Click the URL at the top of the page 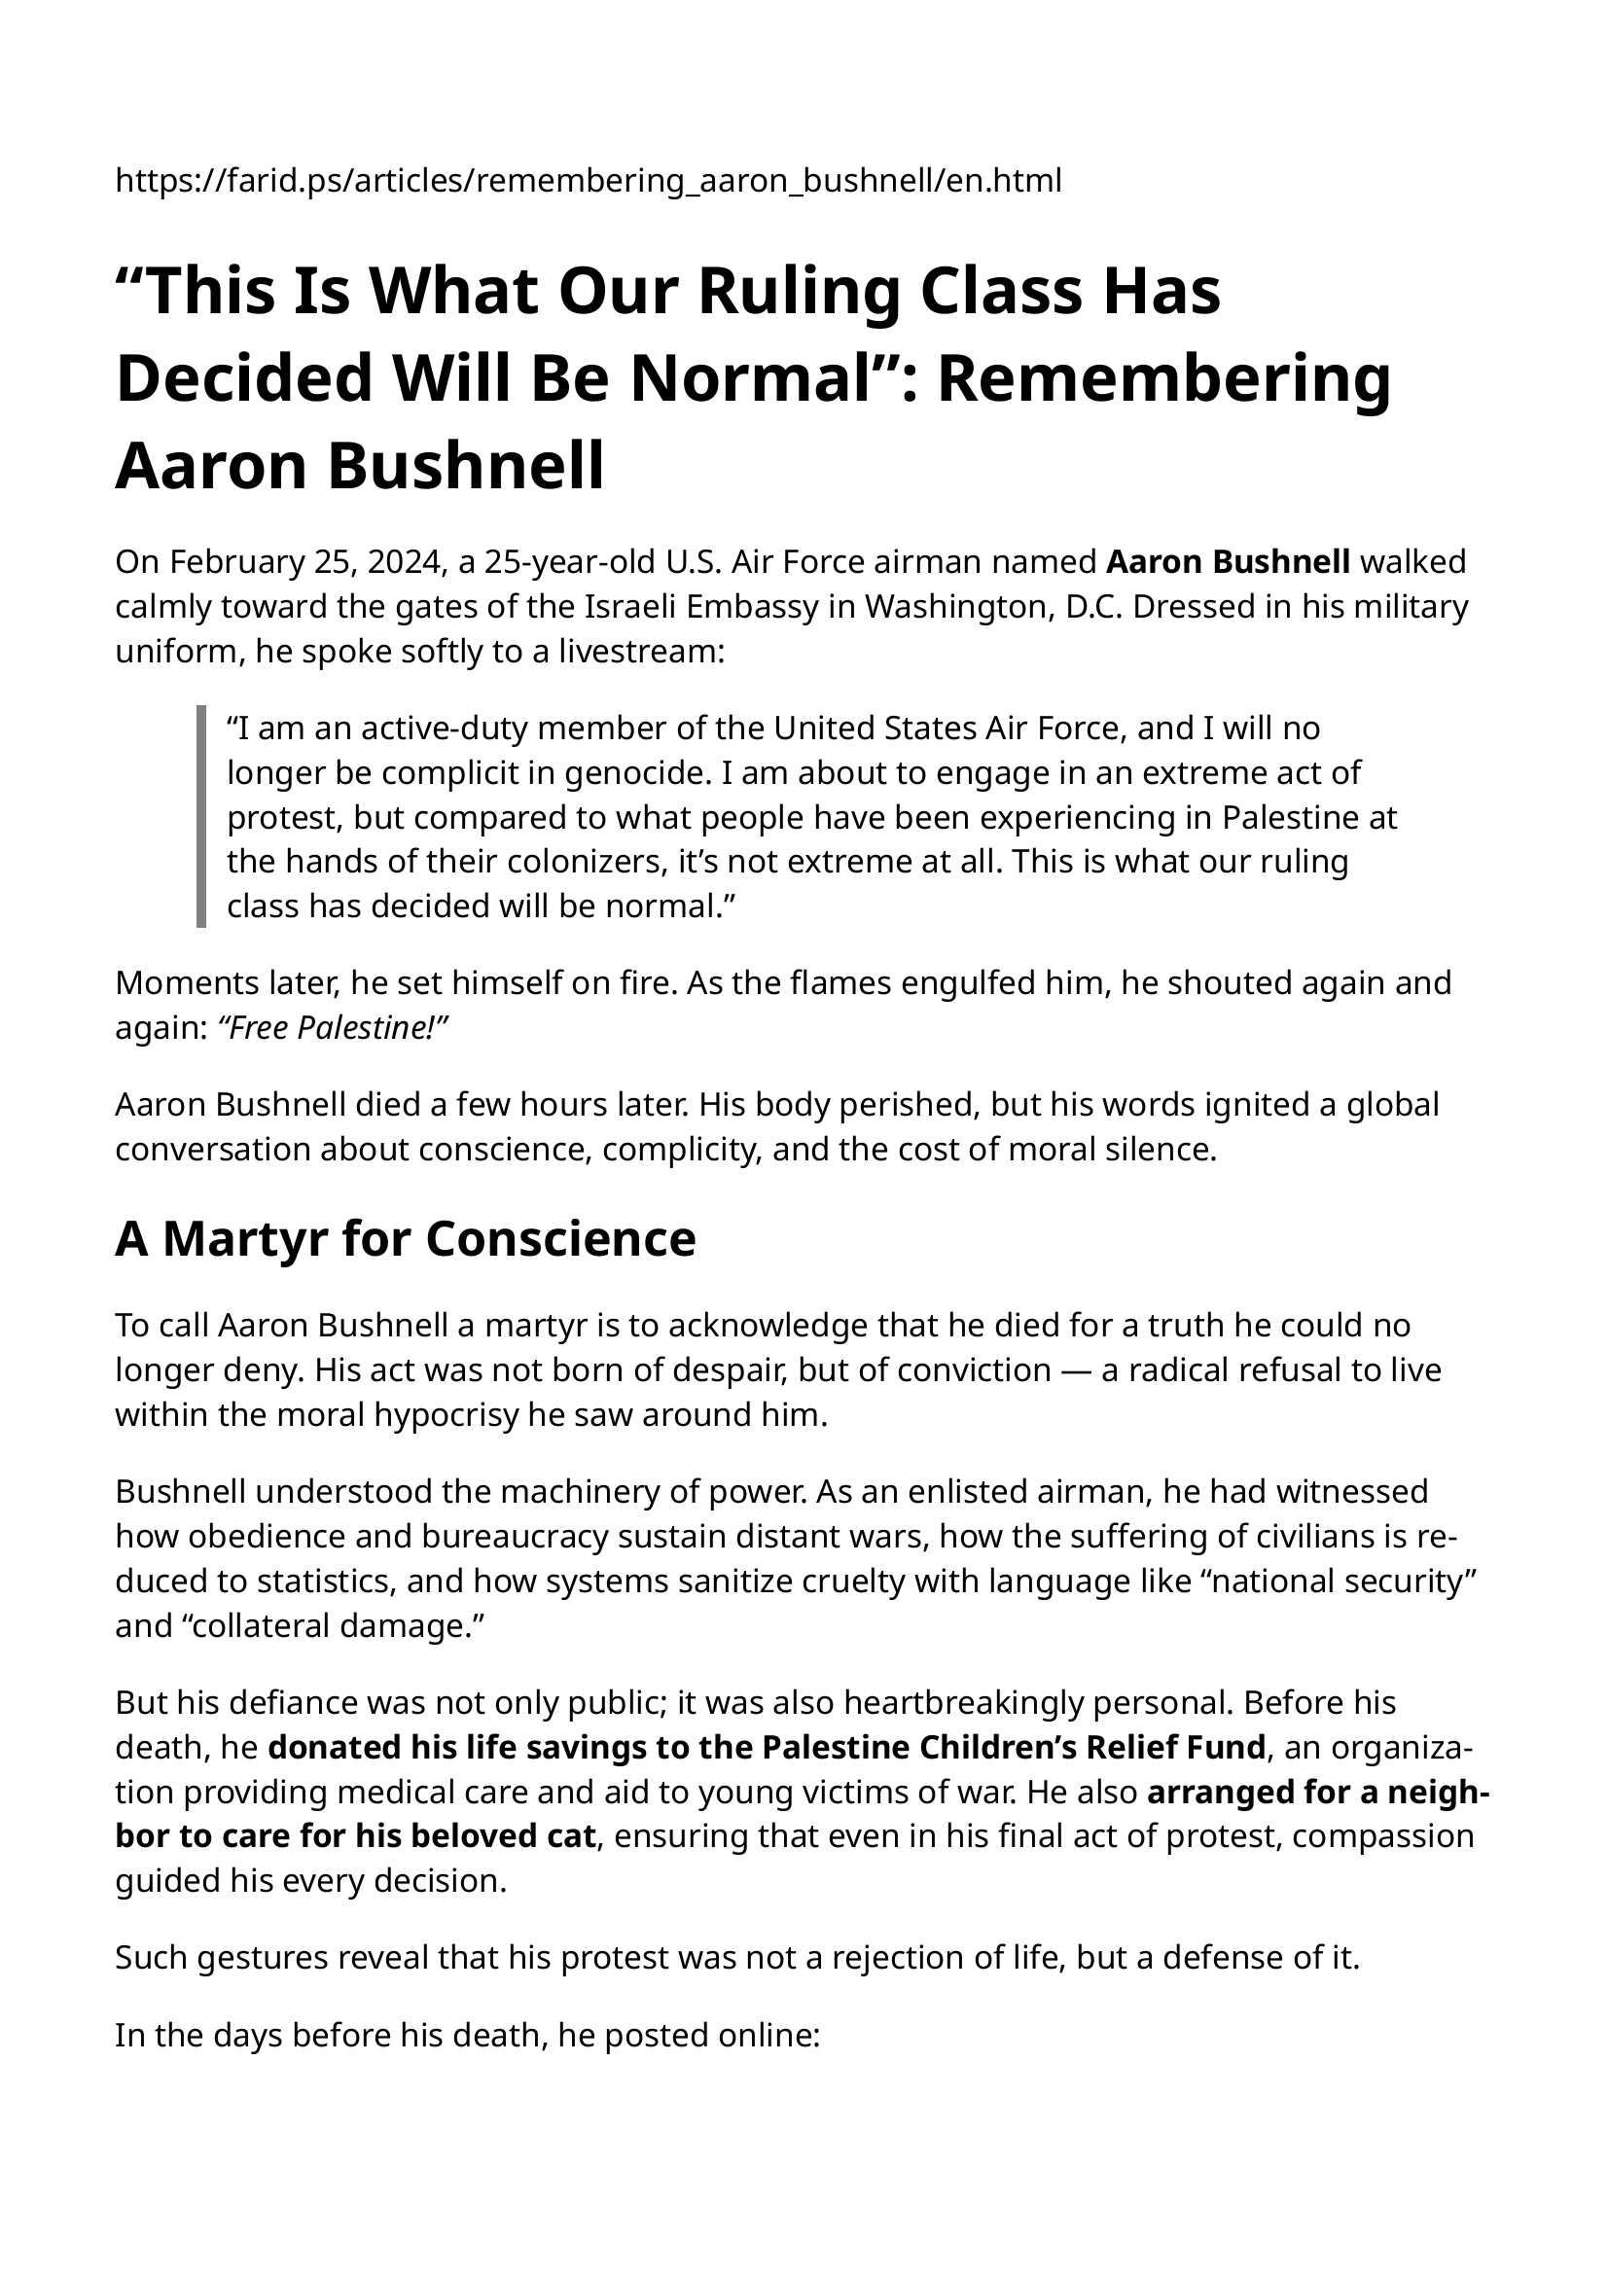pos(588,180)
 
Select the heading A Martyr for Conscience pos(406,1238)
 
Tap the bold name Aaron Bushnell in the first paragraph pos(1228,562)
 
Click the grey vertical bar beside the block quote pos(201,816)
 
